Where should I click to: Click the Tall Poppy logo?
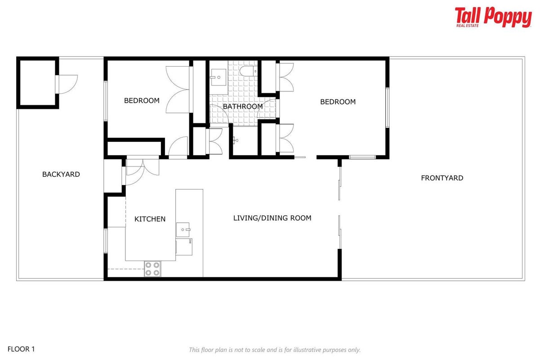pyautogui.click(x=493, y=17)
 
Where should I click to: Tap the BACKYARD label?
pyautogui.click(x=61, y=174)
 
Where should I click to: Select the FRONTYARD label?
pyautogui.click(x=442, y=178)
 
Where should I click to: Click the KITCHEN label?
pyautogui.click(x=150, y=219)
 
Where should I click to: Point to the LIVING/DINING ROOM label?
pyautogui.click(x=272, y=218)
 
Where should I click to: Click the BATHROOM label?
pyautogui.click(x=243, y=106)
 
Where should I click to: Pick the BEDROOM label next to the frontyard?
pyautogui.click(x=338, y=102)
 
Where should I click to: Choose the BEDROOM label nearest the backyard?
pyautogui.click(x=142, y=100)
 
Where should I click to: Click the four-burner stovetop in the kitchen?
pyautogui.click(x=152, y=269)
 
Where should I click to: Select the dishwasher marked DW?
pyautogui.click(x=184, y=247)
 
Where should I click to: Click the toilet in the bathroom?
pyautogui.click(x=248, y=71)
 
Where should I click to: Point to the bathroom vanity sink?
pyautogui.click(x=219, y=77)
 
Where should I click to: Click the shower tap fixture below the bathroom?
pyautogui.click(x=235, y=140)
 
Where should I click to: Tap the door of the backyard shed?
pyautogui.click(x=67, y=84)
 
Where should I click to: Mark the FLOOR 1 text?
pyautogui.click(x=21, y=349)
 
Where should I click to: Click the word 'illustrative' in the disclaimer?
pyautogui.click(x=302, y=350)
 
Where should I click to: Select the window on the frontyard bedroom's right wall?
pyautogui.click(x=387, y=108)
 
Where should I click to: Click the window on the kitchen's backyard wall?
pyautogui.click(x=106, y=241)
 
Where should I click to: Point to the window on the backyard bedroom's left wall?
pyautogui.click(x=106, y=101)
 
